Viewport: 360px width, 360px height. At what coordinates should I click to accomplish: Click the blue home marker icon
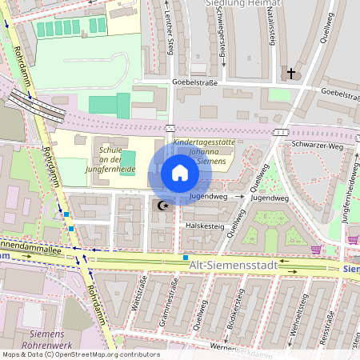coord(180,174)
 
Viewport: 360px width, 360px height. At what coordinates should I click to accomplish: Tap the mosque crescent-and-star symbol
coord(163,206)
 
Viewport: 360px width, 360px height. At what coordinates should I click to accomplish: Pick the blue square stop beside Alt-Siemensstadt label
coord(186,258)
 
